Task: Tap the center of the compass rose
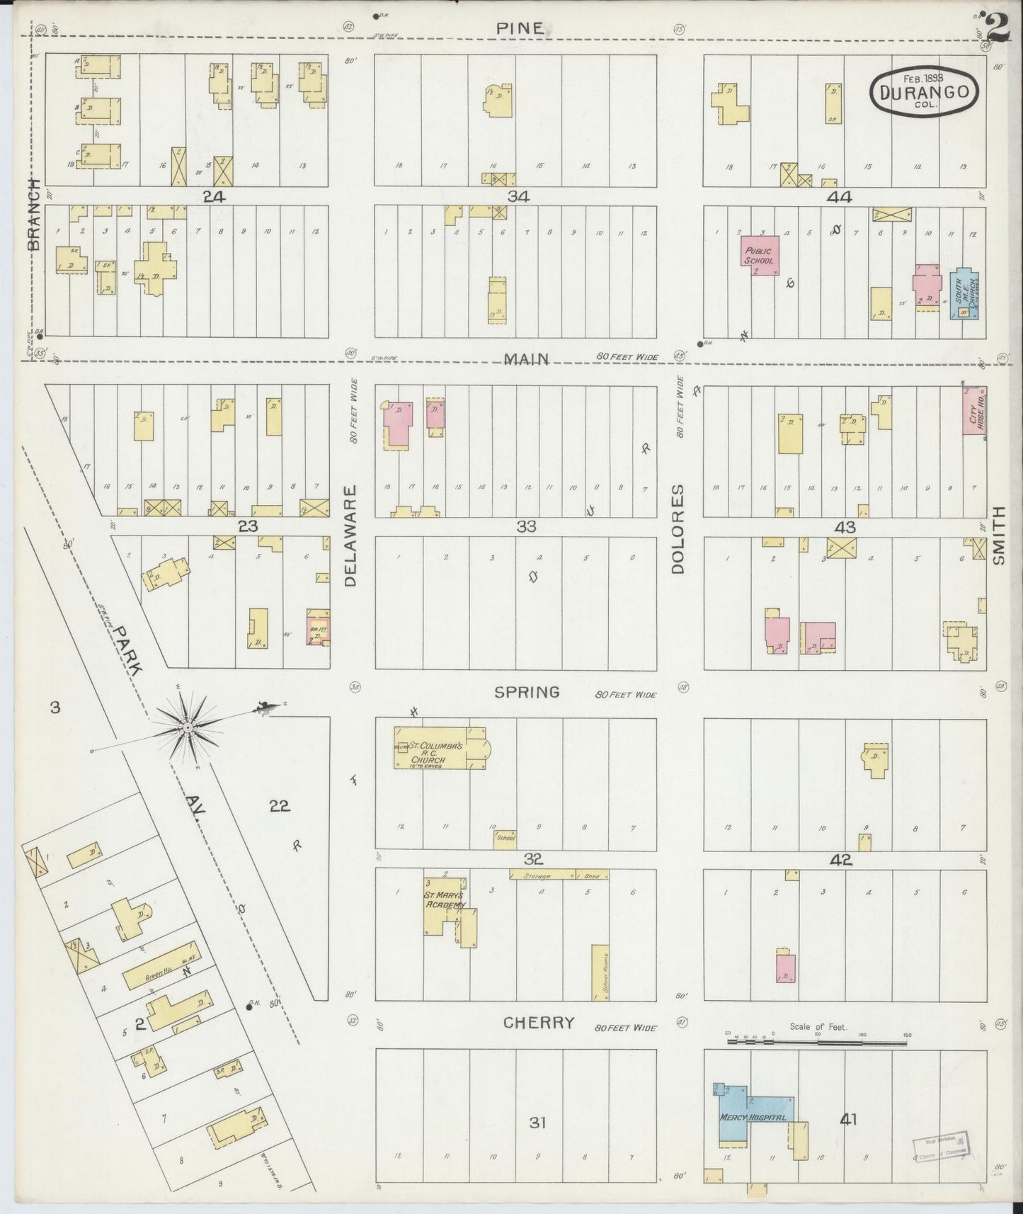click(188, 727)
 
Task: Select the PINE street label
click(520, 28)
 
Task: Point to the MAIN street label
click(525, 358)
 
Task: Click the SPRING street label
click(527, 692)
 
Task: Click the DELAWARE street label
click(351, 535)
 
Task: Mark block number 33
click(526, 526)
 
